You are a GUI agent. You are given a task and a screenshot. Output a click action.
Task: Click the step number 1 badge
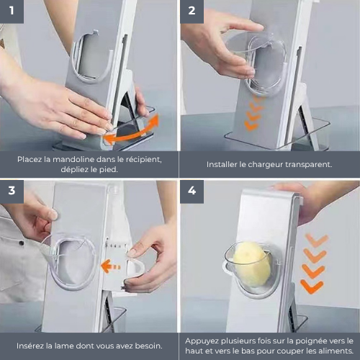[12, 12]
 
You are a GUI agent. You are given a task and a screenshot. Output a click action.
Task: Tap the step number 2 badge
[192, 12]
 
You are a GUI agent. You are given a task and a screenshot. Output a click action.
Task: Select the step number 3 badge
[12, 192]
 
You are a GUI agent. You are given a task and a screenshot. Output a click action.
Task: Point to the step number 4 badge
[192, 192]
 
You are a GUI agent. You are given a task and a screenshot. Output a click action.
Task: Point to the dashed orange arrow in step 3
[111, 266]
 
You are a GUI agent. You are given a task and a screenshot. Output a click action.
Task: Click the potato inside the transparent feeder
[251, 264]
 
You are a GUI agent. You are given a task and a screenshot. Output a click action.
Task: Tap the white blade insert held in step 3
[135, 268]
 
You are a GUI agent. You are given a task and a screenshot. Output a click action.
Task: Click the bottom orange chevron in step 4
[312, 287]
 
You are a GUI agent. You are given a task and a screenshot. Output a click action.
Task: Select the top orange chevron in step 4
[317, 240]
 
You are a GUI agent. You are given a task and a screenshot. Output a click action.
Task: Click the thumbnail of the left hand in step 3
[53, 215]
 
